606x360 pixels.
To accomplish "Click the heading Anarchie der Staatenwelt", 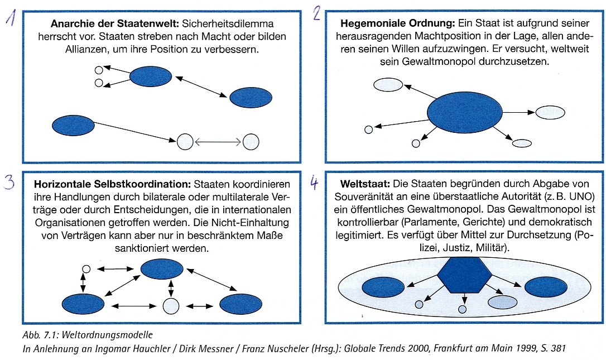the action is pos(115,23).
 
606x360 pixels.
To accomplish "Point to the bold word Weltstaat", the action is pos(365,184).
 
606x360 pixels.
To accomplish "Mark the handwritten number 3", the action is pos(9,182).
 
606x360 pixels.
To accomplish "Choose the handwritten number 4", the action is pos(315,183).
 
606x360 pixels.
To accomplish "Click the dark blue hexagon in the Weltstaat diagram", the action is pos(464,275).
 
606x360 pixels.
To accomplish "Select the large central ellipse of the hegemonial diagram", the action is pos(465,113).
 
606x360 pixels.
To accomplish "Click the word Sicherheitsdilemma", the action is pos(228,23).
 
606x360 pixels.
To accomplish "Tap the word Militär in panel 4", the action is pos(492,247).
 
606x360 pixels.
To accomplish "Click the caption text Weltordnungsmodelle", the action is pos(107,334).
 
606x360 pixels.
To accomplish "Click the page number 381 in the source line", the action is pos(559,348).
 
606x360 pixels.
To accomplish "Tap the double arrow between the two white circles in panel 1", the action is pos(218,142).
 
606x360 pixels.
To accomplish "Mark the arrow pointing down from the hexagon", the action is pos(465,298).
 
